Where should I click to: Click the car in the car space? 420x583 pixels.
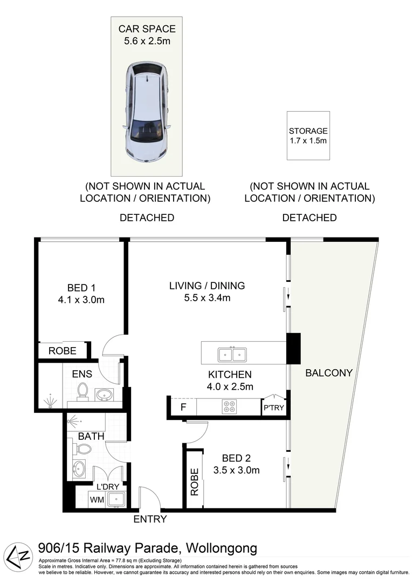point(146,112)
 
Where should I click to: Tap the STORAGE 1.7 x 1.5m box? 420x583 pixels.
point(308,135)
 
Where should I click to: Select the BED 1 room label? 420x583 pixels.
point(81,288)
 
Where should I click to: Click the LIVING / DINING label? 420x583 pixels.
point(207,286)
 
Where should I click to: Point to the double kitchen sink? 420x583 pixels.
point(232,354)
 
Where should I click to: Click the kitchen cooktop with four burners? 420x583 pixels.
point(229,407)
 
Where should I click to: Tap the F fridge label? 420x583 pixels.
point(183,407)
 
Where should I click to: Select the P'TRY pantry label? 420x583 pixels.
point(274,408)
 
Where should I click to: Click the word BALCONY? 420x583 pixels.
point(329,372)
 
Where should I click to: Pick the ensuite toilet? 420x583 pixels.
point(82,392)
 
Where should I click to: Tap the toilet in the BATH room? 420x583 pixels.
point(82,449)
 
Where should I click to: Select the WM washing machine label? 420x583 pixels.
point(97,500)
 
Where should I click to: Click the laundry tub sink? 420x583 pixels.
point(116,499)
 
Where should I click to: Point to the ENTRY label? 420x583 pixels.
point(150,519)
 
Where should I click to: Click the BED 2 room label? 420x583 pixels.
point(236,458)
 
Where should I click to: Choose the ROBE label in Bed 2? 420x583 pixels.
point(195,482)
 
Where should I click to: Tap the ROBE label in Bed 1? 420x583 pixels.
point(63,351)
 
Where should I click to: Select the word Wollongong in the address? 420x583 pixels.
point(222,548)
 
